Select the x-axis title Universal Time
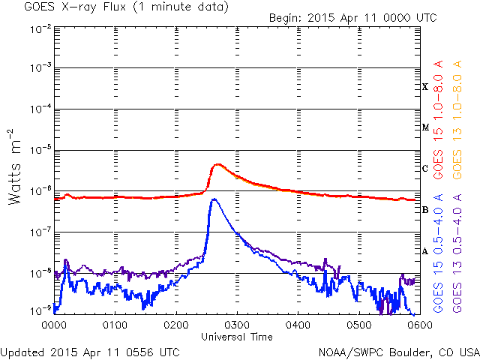click(x=237, y=337)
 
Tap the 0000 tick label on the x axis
click(x=55, y=326)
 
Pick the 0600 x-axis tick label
click(x=419, y=326)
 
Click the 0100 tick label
click(x=115, y=326)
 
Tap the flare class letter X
click(x=425, y=87)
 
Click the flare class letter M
click(x=425, y=127)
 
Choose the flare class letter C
click(x=425, y=169)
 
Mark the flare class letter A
click(x=425, y=250)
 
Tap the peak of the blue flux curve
click(x=214, y=199)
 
